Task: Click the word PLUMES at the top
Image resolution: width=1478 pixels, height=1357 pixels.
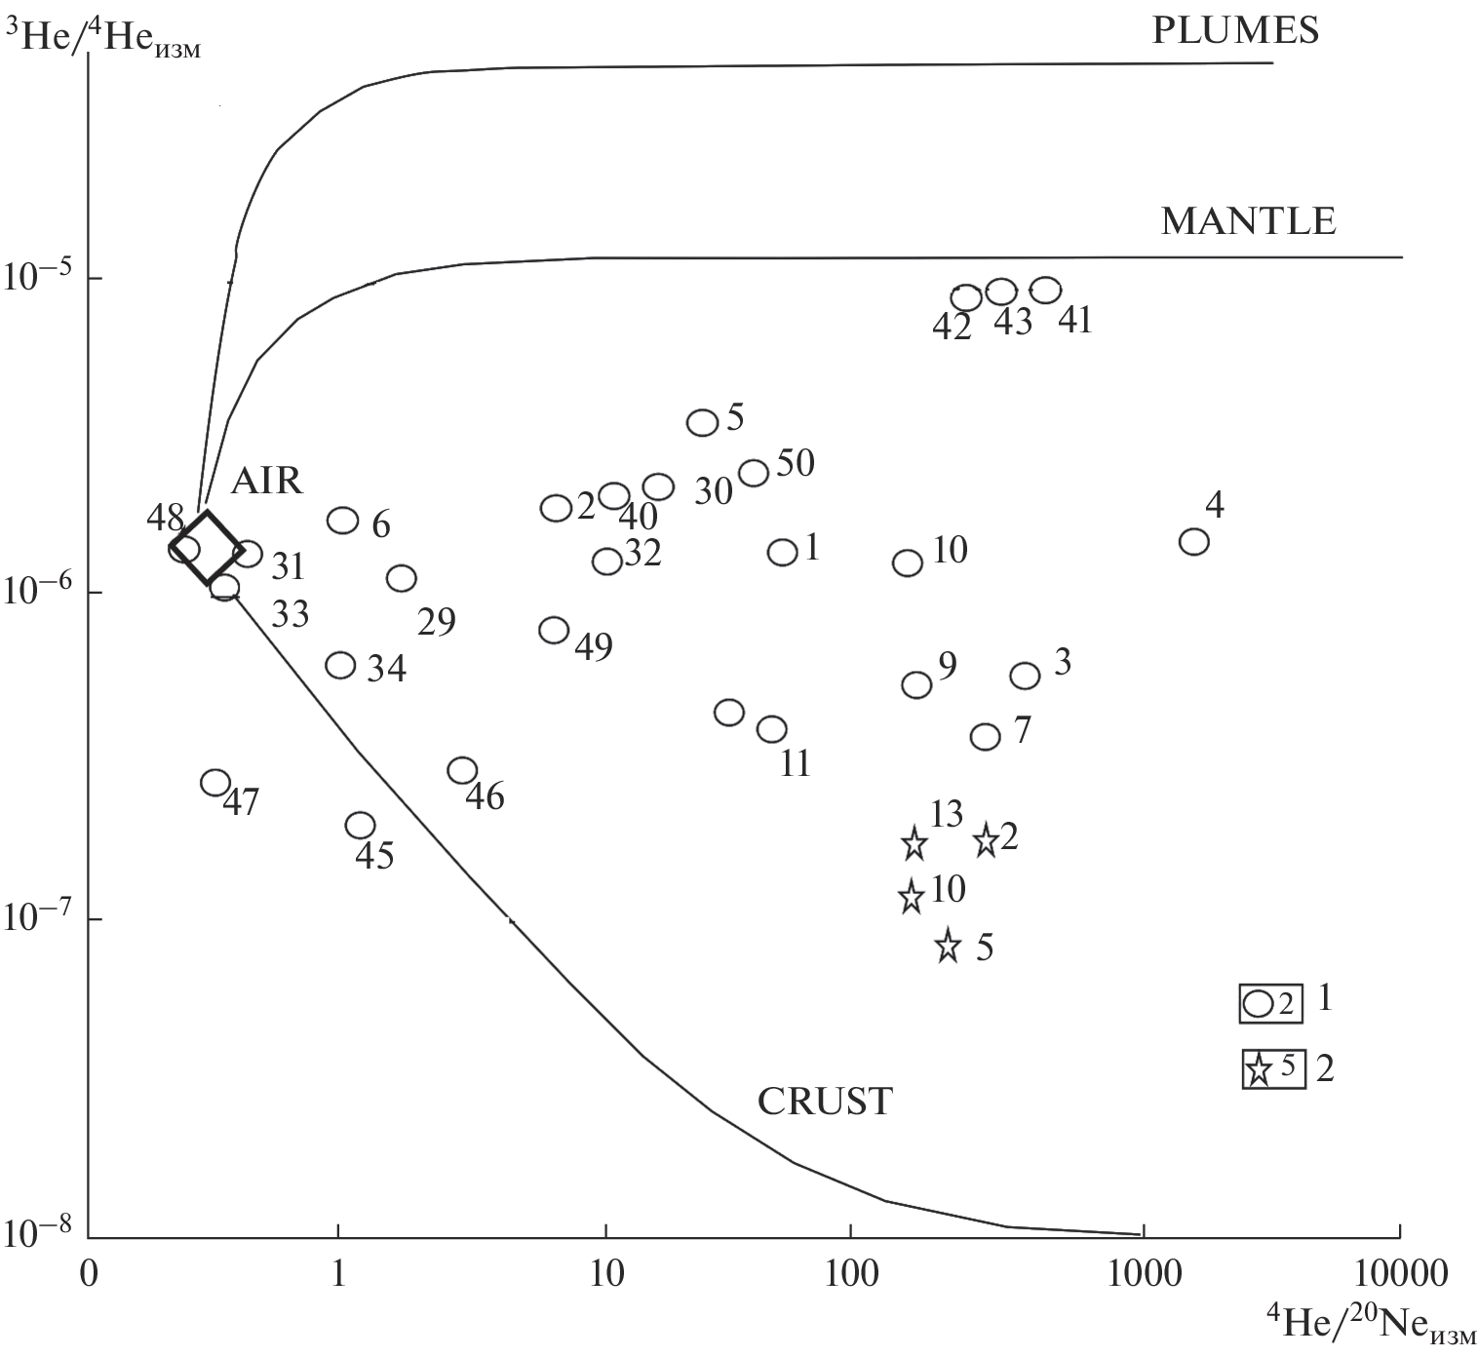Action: click(1235, 30)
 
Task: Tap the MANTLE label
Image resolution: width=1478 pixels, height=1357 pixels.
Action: click(1248, 222)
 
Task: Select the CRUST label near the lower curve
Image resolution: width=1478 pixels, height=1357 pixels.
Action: click(825, 1102)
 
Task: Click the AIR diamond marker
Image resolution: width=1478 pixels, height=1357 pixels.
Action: click(207, 548)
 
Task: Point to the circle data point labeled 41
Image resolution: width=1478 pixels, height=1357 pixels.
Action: click(1045, 290)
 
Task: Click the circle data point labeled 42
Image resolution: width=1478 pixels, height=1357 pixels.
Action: click(965, 297)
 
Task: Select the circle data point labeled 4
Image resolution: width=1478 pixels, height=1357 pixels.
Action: click(1193, 541)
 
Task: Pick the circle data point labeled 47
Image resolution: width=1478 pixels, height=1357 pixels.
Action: click(214, 782)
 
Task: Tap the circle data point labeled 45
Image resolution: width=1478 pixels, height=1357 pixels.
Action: click(360, 825)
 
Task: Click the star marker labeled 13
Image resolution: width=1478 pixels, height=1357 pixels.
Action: click(914, 843)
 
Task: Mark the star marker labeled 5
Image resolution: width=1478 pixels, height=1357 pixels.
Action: click(948, 946)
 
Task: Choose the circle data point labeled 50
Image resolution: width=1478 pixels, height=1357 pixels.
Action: click(754, 473)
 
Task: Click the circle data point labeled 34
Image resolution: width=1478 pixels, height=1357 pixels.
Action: click(340, 665)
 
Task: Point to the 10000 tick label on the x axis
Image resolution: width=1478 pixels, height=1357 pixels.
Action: click(1401, 1272)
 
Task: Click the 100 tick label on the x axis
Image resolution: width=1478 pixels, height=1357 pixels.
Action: click(851, 1272)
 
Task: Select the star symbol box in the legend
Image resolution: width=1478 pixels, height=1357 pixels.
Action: click(1273, 1069)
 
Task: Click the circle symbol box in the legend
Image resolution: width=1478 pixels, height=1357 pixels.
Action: click(1270, 1003)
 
